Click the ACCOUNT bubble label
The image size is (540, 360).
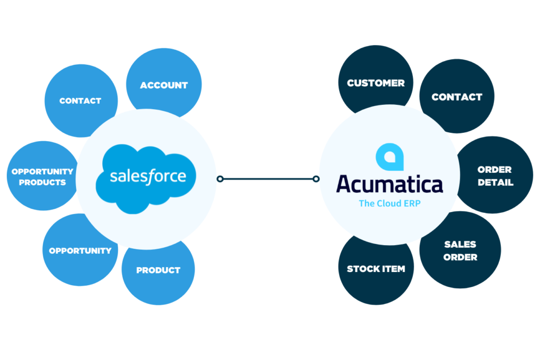(163, 85)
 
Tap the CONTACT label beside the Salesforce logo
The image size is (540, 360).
(80, 101)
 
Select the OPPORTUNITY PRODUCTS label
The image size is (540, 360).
(42, 177)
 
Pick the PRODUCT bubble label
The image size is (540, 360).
(158, 270)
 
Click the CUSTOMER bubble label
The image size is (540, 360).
(376, 83)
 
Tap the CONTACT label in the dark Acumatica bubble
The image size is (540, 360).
(457, 97)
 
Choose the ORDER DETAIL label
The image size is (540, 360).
(495, 177)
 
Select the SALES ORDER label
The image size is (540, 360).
(460, 251)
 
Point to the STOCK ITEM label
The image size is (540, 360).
(376, 269)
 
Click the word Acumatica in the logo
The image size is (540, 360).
(390, 184)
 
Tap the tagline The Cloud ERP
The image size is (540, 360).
(389, 203)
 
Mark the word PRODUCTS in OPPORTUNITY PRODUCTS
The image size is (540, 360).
(42, 183)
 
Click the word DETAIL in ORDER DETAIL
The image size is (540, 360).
(495, 183)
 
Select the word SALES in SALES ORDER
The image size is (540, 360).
(460, 245)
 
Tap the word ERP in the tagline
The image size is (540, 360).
(411, 203)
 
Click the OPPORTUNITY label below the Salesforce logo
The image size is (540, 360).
(80, 251)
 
